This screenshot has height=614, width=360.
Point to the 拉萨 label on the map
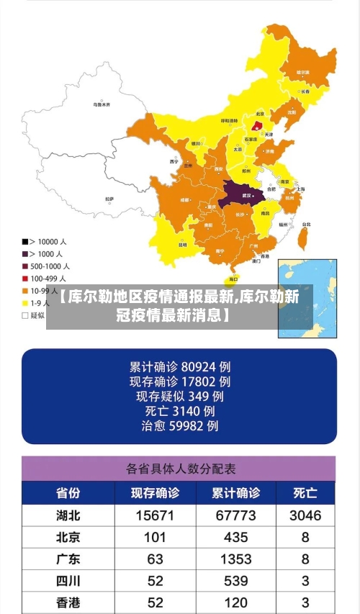(x=109, y=199)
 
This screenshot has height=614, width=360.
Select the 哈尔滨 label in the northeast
(x=303, y=73)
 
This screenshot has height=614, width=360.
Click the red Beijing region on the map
(x=257, y=125)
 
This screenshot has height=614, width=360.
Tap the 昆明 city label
(x=183, y=244)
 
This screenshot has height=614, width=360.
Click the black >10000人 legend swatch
(x=25, y=241)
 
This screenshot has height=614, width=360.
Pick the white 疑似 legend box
(x=25, y=315)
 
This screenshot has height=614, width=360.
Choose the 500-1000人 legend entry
(x=45, y=266)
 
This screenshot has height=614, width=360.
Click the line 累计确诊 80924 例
(x=179, y=365)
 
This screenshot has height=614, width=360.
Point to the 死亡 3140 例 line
(x=179, y=411)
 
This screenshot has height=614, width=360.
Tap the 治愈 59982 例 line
(x=179, y=426)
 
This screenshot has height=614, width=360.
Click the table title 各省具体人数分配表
(x=180, y=469)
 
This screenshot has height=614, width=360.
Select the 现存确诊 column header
(x=155, y=494)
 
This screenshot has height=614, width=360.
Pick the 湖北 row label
(x=68, y=515)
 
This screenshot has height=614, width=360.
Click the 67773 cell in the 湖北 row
(x=235, y=515)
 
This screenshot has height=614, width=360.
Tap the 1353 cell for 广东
(x=235, y=559)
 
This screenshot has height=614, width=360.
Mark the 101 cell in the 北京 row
(x=155, y=537)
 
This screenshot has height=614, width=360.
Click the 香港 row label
(x=68, y=602)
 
